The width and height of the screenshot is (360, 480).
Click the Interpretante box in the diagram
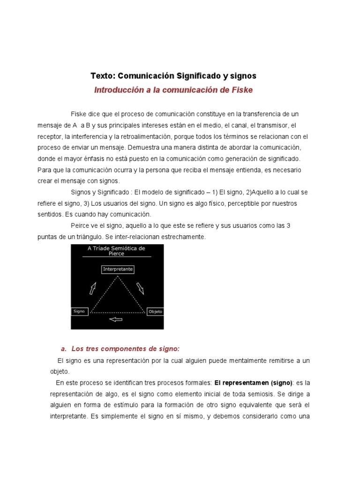(x=118, y=269)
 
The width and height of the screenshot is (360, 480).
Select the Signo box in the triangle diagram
(x=80, y=311)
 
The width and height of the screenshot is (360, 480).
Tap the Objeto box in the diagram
(x=155, y=311)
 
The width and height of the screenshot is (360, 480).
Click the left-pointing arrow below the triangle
(x=115, y=320)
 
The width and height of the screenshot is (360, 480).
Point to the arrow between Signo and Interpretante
(x=93, y=288)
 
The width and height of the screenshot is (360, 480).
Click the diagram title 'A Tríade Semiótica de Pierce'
(x=117, y=251)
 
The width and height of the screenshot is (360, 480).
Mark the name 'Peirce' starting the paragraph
(x=81, y=225)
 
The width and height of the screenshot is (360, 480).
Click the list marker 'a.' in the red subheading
(x=64, y=349)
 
